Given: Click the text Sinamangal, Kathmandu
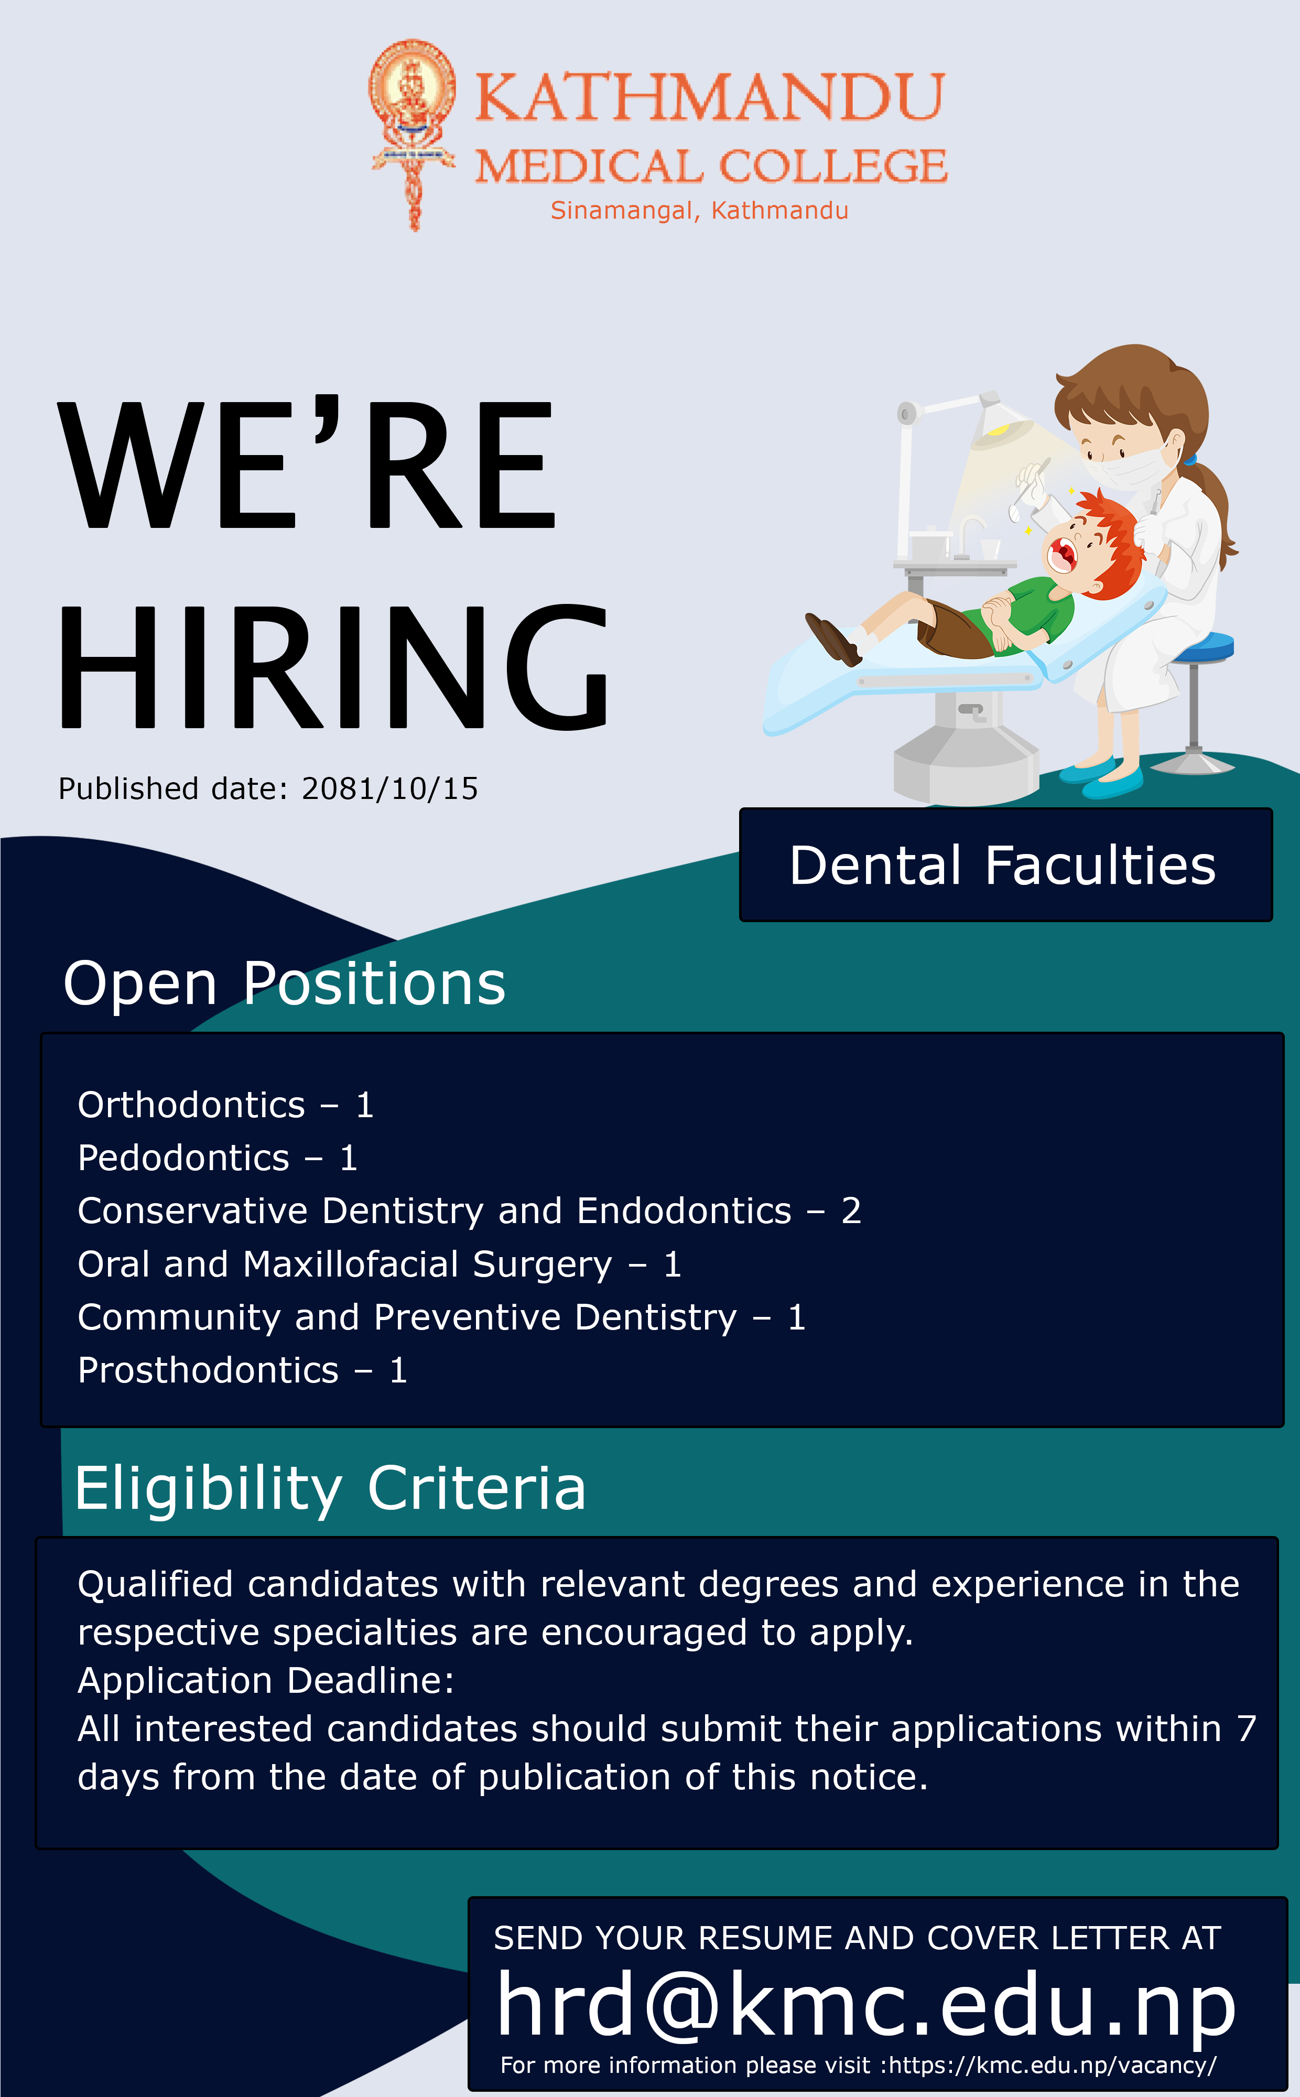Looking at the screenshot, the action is click(x=699, y=211).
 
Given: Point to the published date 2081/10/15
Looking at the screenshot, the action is click(x=389, y=788).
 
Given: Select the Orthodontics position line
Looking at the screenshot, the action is click(x=225, y=1105).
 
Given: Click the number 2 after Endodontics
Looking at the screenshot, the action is click(x=851, y=1210).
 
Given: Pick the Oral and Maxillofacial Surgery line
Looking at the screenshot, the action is click(x=379, y=1264).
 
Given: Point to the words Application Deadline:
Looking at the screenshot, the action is click(x=266, y=1680).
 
